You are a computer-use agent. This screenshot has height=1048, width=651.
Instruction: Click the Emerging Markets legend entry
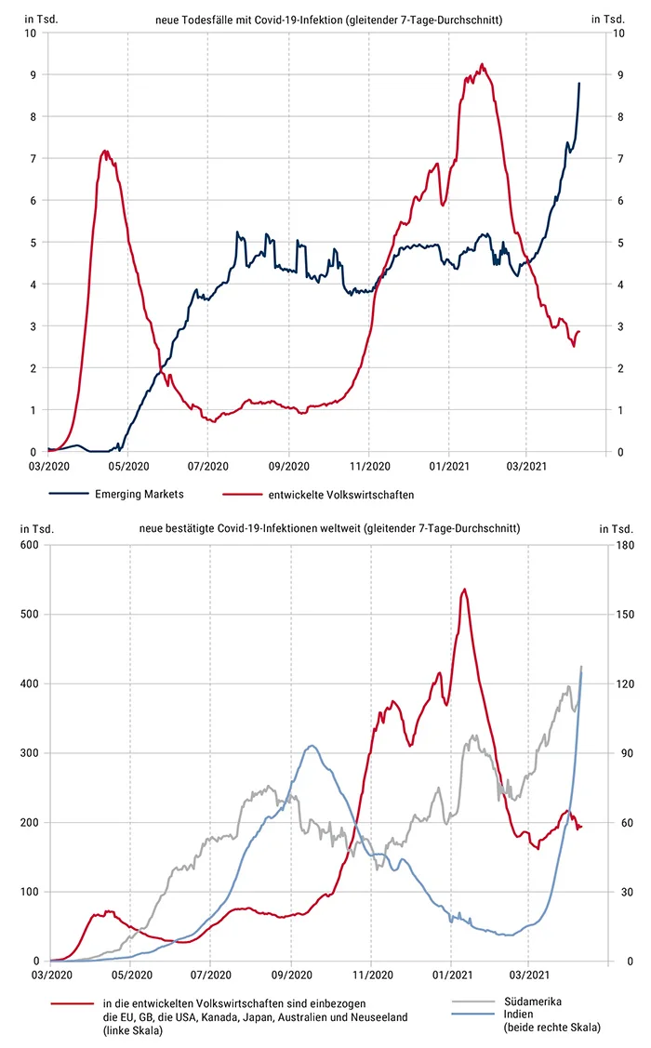pyautogui.click(x=139, y=494)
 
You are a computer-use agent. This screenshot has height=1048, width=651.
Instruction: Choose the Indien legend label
pyautogui.click(x=518, y=1015)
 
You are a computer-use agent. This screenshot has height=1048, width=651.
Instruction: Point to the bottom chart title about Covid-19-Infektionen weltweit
pyautogui.click(x=328, y=528)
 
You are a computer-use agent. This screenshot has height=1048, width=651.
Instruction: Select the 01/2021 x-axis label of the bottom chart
pyautogui.click(x=450, y=975)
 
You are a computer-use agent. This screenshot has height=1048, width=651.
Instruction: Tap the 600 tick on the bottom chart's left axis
pyautogui.click(x=30, y=545)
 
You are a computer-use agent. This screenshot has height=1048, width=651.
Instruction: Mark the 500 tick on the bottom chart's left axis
pyautogui.click(x=30, y=615)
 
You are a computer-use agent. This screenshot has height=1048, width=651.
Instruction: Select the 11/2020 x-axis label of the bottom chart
pyautogui.click(x=370, y=975)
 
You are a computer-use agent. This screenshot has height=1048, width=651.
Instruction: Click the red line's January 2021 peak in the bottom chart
pyautogui.click(x=464, y=589)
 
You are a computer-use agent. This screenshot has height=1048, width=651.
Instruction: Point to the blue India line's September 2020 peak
pyautogui.click(x=312, y=746)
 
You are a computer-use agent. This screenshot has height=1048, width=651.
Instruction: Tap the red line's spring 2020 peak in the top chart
pyautogui.click(x=105, y=151)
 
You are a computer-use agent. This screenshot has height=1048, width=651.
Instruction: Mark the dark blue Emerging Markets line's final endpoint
pyautogui.click(x=579, y=83)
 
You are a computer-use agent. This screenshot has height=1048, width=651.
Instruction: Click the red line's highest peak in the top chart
pyautogui.click(x=482, y=64)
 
